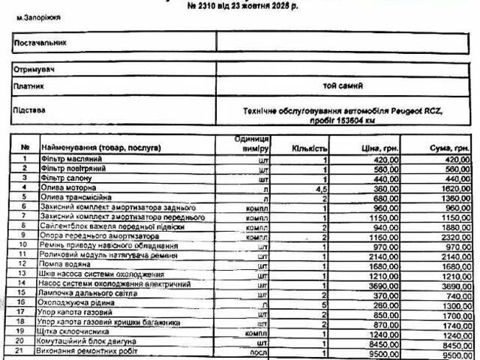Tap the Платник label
coord(29,85)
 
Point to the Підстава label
coord(31,109)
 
